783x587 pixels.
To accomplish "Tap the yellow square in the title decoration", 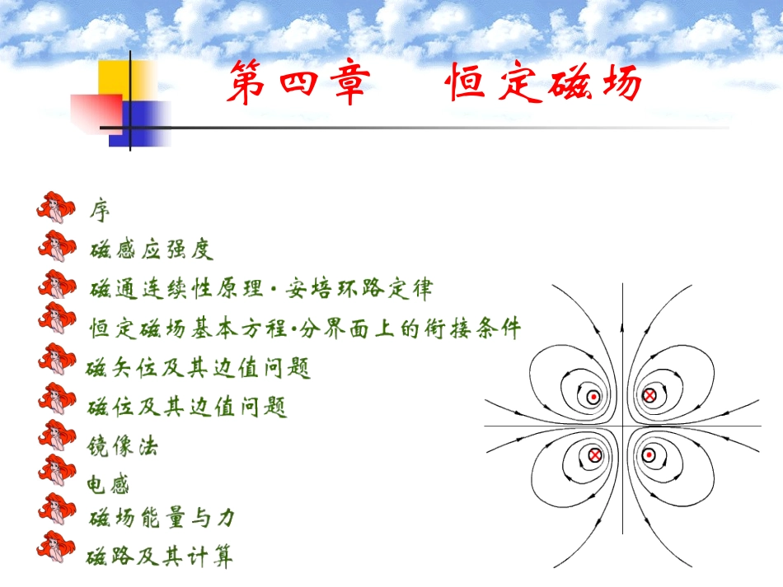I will [126, 82].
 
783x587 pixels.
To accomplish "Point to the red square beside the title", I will [96, 113].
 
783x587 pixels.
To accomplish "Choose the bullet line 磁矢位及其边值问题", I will [199, 368].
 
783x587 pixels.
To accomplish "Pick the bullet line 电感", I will [109, 485].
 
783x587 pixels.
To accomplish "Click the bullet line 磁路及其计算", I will [160, 557].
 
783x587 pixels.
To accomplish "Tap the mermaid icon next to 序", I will [56, 208].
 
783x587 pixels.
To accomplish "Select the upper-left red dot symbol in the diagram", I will [593, 397].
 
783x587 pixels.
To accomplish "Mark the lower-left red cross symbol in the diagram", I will [594, 454].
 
